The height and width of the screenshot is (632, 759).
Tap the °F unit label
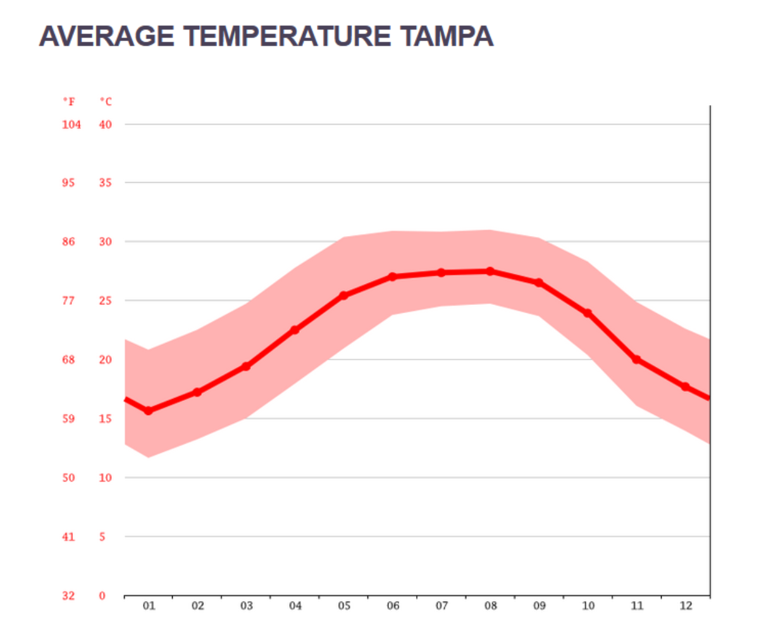click(x=68, y=101)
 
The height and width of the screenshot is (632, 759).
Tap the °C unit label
click(x=106, y=101)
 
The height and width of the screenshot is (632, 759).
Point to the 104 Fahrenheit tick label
click(x=71, y=125)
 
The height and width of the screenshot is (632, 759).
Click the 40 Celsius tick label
click(x=106, y=125)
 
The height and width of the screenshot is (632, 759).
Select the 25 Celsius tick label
click(x=106, y=301)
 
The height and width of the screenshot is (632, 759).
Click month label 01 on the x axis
click(x=149, y=606)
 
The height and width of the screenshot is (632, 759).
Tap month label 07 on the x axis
click(x=441, y=606)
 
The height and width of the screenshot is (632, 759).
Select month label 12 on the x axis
click(x=686, y=606)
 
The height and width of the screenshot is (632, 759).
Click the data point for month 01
click(x=149, y=411)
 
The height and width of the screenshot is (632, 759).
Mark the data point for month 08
click(x=490, y=271)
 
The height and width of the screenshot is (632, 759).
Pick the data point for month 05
click(x=343, y=295)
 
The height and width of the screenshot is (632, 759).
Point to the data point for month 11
click(x=636, y=359)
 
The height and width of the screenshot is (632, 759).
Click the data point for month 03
click(x=246, y=366)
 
